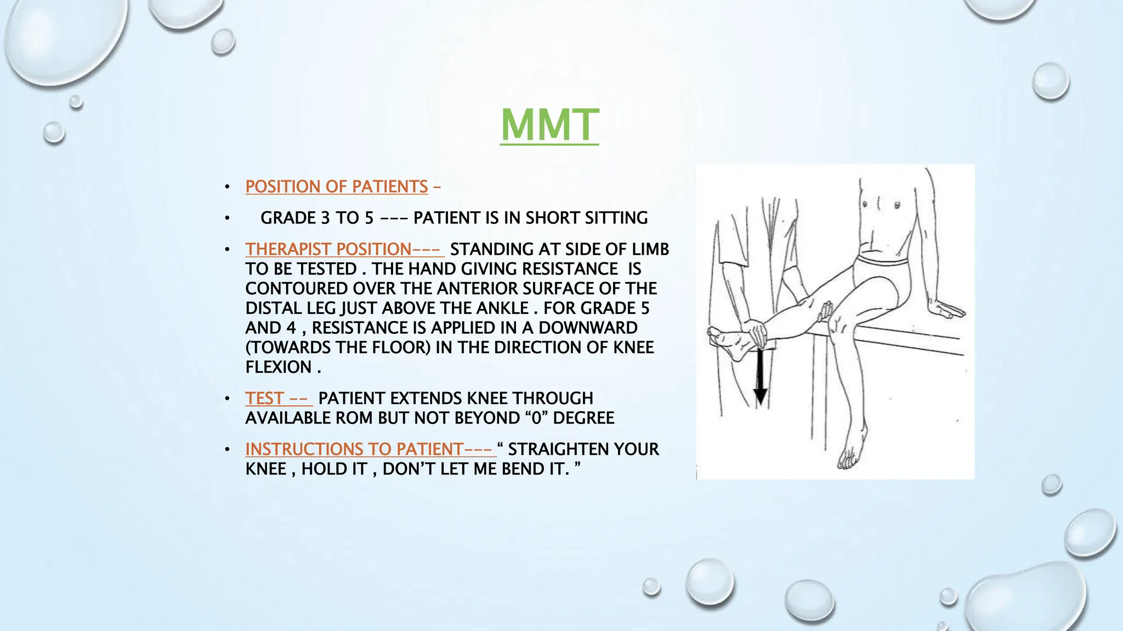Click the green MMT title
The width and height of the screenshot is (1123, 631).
click(x=549, y=125)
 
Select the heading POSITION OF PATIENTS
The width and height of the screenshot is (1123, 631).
click(x=336, y=187)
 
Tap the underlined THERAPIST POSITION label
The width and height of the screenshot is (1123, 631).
click(x=328, y=249)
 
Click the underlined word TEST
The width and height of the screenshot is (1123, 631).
click(x=264, y=398)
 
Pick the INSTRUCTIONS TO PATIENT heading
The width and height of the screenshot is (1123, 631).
click(x=354, y=449)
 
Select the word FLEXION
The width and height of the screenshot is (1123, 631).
click(x=278, y=367)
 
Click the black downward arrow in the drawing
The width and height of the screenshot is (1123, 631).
click(x=760, y=378)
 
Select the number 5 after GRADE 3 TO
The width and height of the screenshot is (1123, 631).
click(x=369, y=218)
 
